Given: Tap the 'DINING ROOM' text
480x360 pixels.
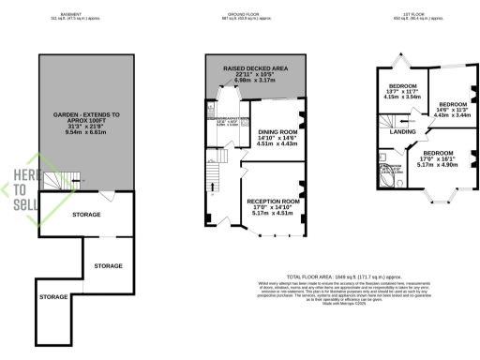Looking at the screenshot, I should (277, 131).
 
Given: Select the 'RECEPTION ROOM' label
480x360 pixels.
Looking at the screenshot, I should (274, 201).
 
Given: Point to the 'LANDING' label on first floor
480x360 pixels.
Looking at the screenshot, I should (403, 131).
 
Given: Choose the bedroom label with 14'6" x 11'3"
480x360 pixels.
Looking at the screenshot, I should (453, 104).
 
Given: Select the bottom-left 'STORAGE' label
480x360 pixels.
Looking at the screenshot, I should (53, 297).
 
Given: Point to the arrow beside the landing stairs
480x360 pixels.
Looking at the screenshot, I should (402, 121).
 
